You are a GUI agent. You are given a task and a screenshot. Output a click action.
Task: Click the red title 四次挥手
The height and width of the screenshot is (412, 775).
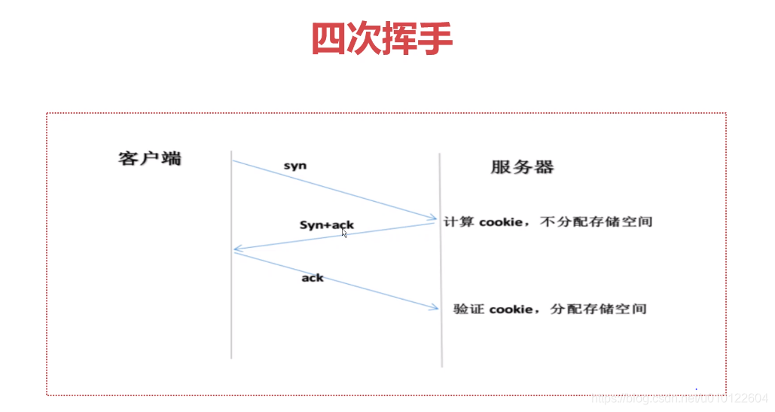click(382, 38)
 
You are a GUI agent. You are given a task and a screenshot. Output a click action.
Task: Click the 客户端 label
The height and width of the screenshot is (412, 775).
click(150, 159)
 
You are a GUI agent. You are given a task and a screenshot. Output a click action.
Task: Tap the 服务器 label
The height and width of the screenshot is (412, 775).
click(522, 167)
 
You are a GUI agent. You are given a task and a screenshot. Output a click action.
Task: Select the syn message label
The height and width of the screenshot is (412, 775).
click(295, 165)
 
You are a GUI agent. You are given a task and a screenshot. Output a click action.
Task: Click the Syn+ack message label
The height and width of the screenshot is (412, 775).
click(326, 224)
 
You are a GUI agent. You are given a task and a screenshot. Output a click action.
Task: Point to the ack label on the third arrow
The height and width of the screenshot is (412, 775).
click(313, 278)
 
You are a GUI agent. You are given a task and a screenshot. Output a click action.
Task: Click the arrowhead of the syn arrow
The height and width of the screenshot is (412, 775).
click(433, 218)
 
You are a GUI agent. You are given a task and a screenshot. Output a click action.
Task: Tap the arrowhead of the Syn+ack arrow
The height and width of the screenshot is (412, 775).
click(237, 248)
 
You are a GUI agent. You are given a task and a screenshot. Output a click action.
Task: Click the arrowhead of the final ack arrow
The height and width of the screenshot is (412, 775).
click(434, 307)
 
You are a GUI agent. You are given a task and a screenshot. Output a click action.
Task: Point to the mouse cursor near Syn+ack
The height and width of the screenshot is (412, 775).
click(345, 233)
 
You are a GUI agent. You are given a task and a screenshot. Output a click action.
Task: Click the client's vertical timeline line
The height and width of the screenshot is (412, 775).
click(231, 316)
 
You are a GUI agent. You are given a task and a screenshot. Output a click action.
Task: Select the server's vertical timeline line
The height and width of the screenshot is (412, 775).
click(441, 339)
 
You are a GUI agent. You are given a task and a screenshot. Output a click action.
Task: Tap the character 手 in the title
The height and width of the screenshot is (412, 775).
click(435, 38)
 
